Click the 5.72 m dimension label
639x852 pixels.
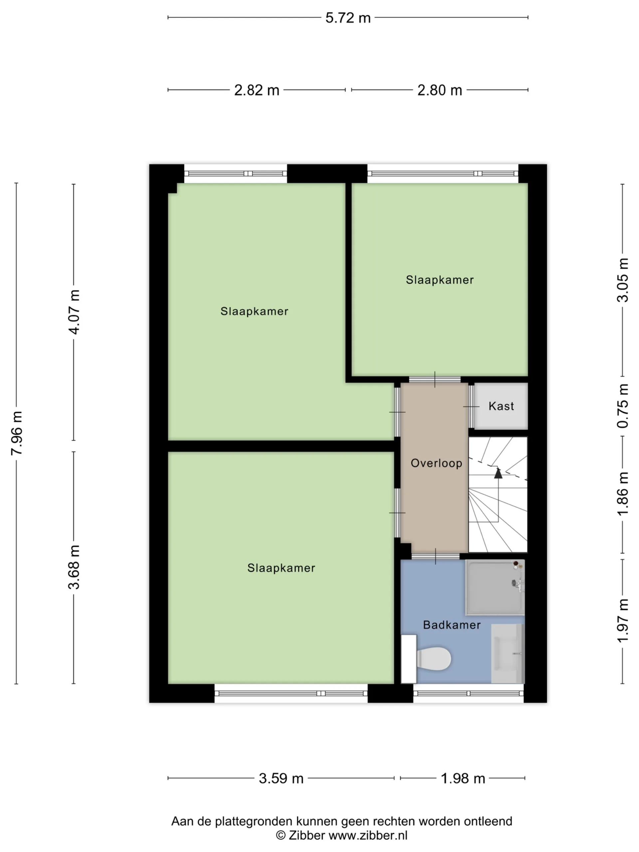click(x=348, y=18)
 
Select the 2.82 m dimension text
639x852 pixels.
click(x=257, y=90)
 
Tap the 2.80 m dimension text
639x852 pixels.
click(x=440, y=90)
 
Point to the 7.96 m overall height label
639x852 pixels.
click(x=17, y=433)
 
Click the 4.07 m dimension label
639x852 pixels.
click(x=74, y=312)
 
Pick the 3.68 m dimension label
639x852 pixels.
click(x=74, y=567)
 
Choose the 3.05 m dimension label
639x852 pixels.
click(x=623, y=280)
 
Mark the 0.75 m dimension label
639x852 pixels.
click(x=623, y=406)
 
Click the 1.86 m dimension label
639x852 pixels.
click(x=623, y=494)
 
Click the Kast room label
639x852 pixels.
click(x=501, y=406)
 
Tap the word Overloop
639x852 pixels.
click(x=436, y=463)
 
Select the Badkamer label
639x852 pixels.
click(x=452, y=625)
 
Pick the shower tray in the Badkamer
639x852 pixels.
click(x=495, y=587)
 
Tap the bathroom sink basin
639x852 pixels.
click(x=508, y=654)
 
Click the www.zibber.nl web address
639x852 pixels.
click(x=368, y=835)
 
